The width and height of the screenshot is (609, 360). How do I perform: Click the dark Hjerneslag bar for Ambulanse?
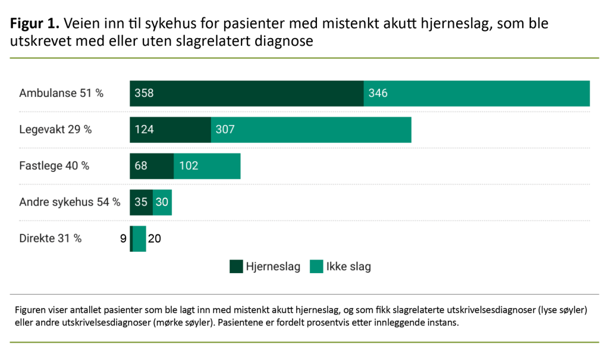point(246,93)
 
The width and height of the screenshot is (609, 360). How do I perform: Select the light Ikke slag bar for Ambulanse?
point(476,93)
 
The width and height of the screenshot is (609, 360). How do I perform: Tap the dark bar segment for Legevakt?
point(170,130)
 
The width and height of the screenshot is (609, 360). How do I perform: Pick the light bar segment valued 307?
point(311,130)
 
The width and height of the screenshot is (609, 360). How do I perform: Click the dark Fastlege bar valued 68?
point(152,166)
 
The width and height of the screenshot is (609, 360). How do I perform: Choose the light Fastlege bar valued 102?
point(207,166)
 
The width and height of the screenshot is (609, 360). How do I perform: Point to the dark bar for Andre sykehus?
point(142,202)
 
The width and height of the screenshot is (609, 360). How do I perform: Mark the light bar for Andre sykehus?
point(162,202)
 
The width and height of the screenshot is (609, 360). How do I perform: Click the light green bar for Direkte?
point(139,239)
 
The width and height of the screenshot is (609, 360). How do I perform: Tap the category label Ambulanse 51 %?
point(61,93)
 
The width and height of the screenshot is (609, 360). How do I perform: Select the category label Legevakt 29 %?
point(55,130)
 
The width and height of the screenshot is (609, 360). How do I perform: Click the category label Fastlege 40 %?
point(54,166)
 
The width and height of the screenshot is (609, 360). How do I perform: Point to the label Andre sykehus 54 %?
point(70,202)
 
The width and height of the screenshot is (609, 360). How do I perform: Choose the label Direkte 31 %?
point(51,239)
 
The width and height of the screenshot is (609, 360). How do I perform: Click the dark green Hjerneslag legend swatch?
point(236,267)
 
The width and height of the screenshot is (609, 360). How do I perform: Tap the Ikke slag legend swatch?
point(316,267)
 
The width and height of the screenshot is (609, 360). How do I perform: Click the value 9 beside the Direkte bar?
point(123,239)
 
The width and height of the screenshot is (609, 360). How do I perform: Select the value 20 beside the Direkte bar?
point(155,239)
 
